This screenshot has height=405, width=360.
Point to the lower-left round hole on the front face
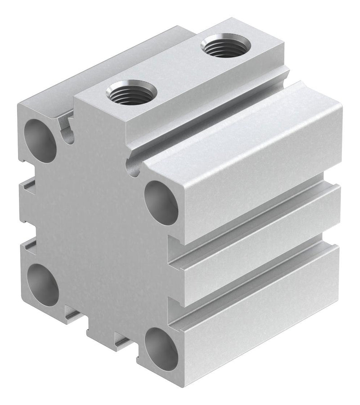(43, 286)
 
